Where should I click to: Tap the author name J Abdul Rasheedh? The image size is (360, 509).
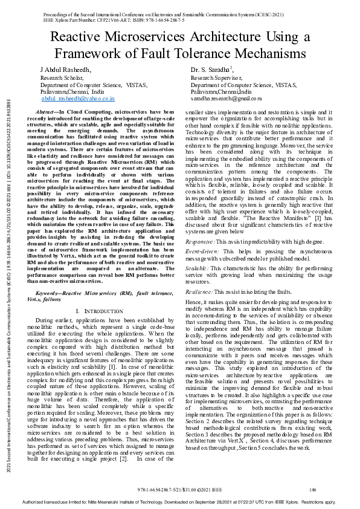66,71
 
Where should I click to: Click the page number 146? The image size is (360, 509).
312,489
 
